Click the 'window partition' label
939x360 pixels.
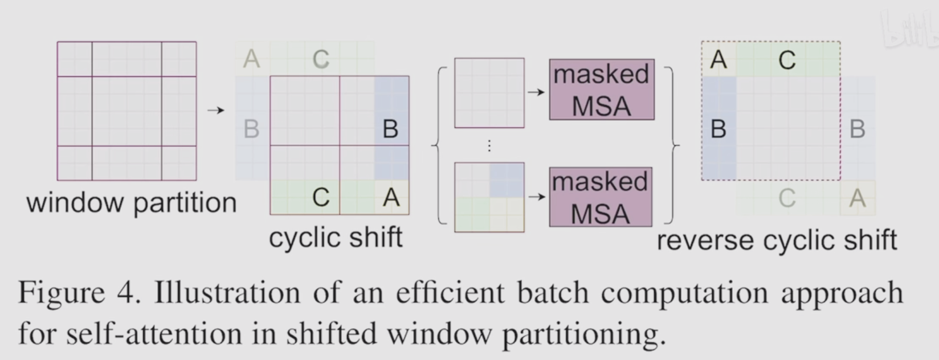pyautogui.click(x=131, y=203)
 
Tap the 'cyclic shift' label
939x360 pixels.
pyautogui.click(x=336, y=238)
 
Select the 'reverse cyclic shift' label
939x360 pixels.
pyautogui.click(x=777, y=240)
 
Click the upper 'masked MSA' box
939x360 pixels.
pyautogui.click(x=601, y=90)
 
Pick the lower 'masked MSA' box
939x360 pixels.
pyautogui.click(x=600, y=197)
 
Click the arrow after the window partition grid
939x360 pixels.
pyautogui.click(x=215, y=110)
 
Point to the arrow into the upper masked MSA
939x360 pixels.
pyautogui.click(x=536, y=92)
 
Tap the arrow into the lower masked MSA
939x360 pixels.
pyautogui.click(x=536, y=197)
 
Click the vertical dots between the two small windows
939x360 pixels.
pyautogui.click(x=489, y=146)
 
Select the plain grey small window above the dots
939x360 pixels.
pyautogui.click(x=489, y=92)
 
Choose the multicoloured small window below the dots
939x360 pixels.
pyautogui.click(x=489, y=197)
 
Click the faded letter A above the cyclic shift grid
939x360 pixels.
pyautogui.click(x=251, y=59)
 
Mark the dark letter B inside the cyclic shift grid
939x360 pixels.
pyautogui.click(x=390, y=129)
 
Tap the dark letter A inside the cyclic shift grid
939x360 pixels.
pyautogui.click(x=391, y=198)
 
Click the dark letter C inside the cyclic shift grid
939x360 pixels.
pyautogui.click(x=321, y=198)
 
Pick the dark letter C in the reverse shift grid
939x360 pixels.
pyautogui.click(x=787, y=60)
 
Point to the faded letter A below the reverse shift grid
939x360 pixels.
pyautogui.click(x=858, y=198)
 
